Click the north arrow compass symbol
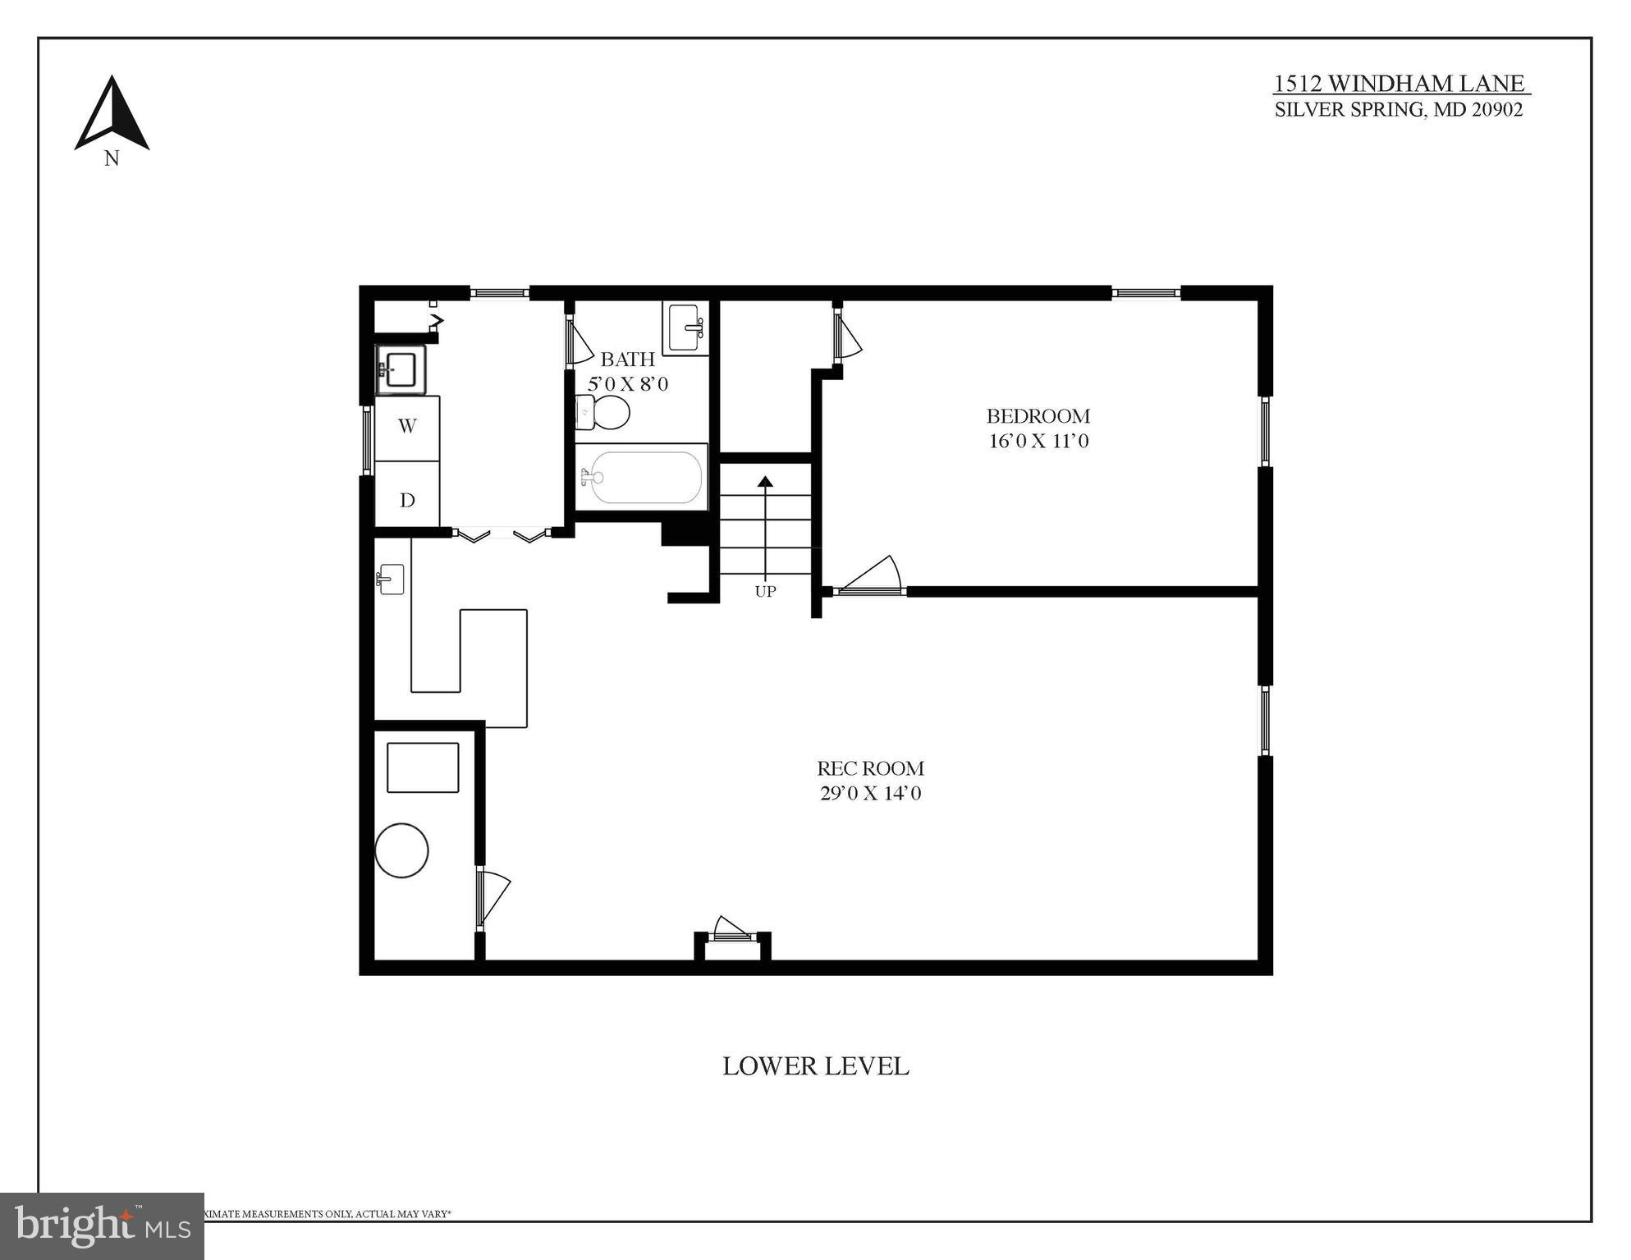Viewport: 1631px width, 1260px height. tap(112, 115)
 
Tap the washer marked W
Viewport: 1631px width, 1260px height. tap(407, 427)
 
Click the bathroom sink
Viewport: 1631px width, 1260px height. tap(685, 328)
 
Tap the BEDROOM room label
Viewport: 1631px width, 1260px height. tap(1038, 416)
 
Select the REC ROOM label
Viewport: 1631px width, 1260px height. tap(870, 768)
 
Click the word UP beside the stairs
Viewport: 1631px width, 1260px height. tap(765, 591)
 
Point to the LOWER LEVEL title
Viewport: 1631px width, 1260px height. tap(815, 1066)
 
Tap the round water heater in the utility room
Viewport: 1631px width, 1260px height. tap(401, 850)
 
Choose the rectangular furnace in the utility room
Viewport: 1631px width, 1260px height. tap(423, 767)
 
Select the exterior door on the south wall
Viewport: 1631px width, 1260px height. tap(731, 931)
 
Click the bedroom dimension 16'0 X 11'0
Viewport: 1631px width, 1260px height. tap(1038, 442)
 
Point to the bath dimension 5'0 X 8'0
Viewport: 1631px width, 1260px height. tap(628, 384)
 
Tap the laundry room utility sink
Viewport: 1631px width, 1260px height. tap(401, 369)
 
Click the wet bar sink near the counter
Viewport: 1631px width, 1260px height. tap(391, 579)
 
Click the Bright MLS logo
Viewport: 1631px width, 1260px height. tap(102, 1226)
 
